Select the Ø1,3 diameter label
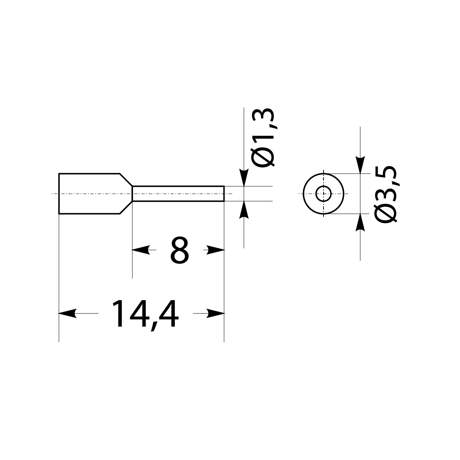click(x=264, y=138)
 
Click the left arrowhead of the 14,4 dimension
click(x=66, y=314)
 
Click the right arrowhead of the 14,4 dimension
click(x=217, y=314)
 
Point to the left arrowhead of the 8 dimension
click(x=140, y=250)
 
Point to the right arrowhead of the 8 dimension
click(x=217, y=250)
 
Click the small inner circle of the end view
click(x=324, y=194)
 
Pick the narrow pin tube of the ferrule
click(x=178, y=194)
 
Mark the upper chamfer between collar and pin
click(x=126, y=180)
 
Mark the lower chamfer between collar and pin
click(x=126, y=207)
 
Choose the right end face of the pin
click(x=224, y=194)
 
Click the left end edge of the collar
click(x=59, y=194)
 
